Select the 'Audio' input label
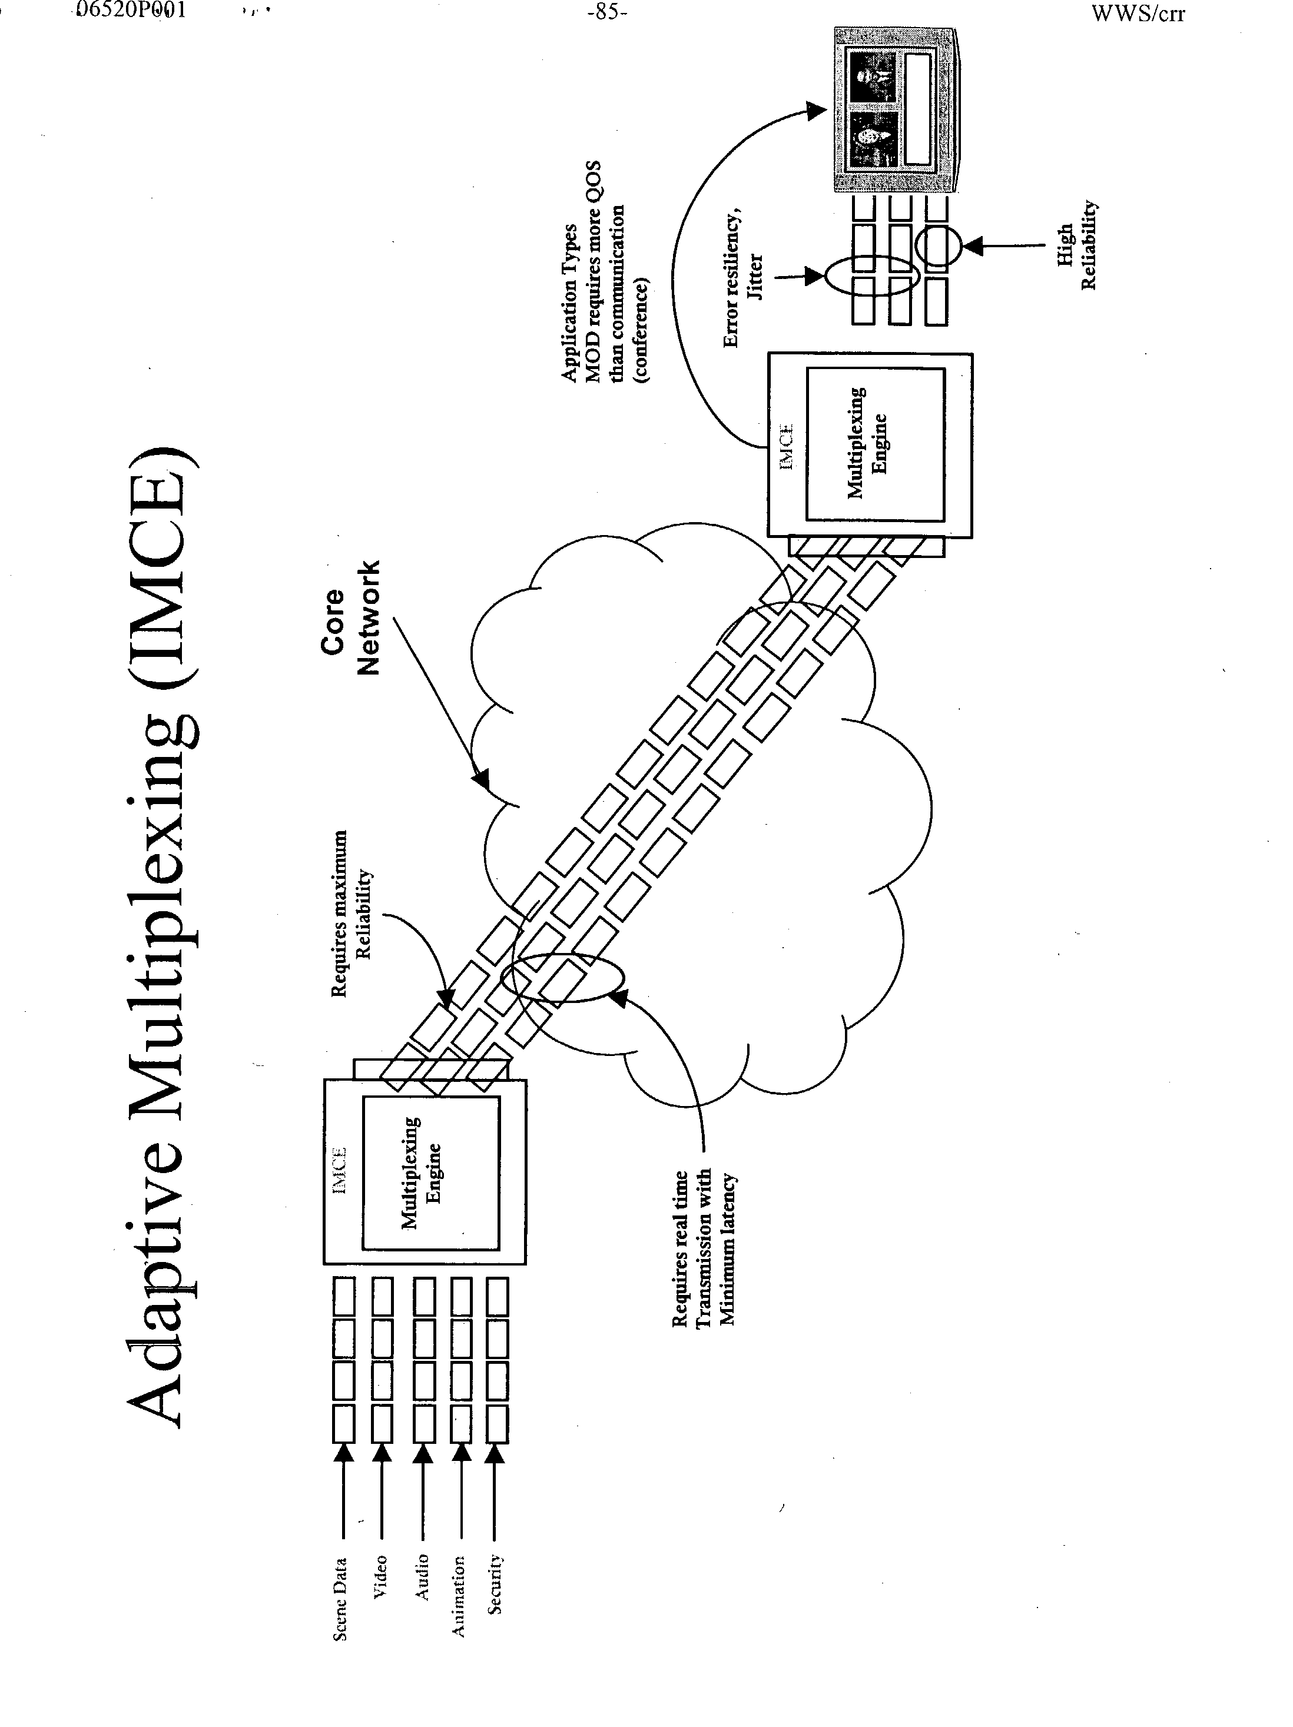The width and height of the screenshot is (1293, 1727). (422, 1576)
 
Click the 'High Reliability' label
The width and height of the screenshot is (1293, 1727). (1077, 246)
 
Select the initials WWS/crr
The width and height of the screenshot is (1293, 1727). (1138, 14)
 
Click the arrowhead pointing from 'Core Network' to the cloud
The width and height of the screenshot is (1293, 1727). (482, 778)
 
